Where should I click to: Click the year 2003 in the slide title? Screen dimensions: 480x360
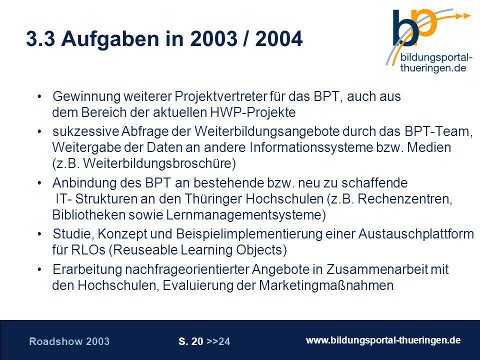213,39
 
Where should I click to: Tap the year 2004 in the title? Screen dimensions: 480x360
279,39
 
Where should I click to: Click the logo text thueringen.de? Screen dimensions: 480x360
433,67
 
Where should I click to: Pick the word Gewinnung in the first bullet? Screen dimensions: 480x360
86,96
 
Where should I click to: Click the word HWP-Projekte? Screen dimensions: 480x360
253,112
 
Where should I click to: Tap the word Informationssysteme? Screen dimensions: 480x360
311,147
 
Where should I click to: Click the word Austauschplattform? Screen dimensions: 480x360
416,234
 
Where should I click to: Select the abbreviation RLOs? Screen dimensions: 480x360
88,250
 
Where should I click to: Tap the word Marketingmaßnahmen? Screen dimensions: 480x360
326,285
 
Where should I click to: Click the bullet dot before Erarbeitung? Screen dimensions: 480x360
39,269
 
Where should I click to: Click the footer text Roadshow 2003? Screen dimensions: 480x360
69,341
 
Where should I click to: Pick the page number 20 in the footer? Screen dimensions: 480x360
197,341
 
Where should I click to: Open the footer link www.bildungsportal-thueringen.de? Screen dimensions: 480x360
383,340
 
